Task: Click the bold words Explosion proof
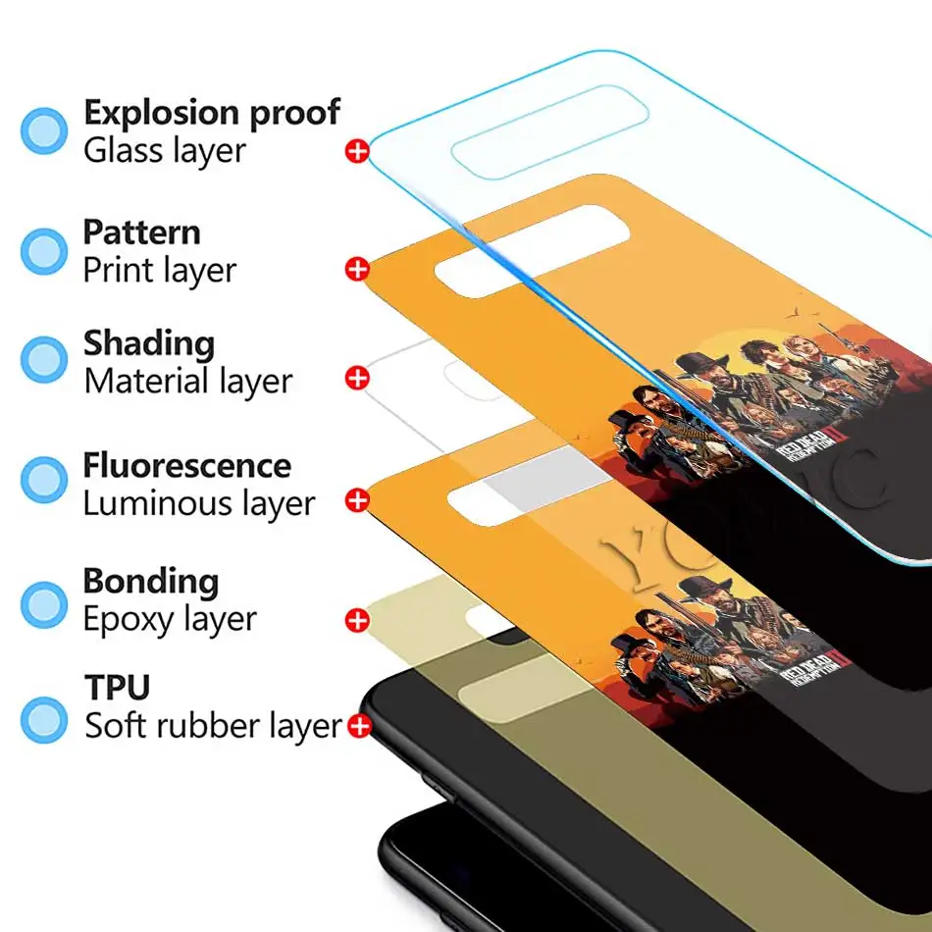point(211,114)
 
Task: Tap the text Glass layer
point(164,151)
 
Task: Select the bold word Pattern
point(141,233)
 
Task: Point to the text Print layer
point(159,270)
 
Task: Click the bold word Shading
point(148,343)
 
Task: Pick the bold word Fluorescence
point(186,465)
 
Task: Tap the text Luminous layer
point(198,503)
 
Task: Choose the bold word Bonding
point(150,581)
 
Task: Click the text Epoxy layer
point(170,619)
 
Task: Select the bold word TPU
point(117,688)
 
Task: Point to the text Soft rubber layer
point(212,727)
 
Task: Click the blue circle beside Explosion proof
point(44,131)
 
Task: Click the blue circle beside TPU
point(44,718)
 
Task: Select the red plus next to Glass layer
point(357,151)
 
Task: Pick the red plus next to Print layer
point(357,269)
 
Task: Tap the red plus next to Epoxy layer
point(357,619)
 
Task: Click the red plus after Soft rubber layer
point(359,727)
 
